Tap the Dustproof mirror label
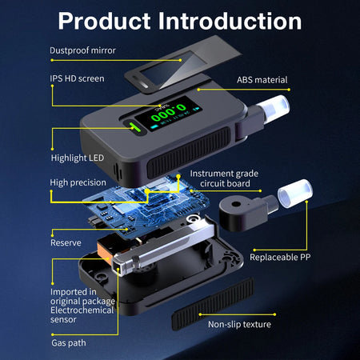click(82, 50)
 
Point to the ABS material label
click(262, 80)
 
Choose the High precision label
click(78, 182)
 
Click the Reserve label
click(66, 242)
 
